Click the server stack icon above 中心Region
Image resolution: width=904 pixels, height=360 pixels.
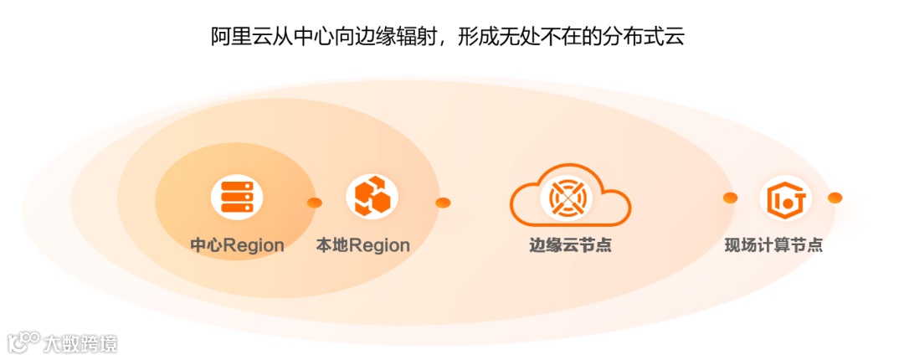pos(236,198)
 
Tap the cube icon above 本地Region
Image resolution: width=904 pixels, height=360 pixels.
pos(372,197)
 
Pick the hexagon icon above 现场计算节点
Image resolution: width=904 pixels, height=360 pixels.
pos(786,198)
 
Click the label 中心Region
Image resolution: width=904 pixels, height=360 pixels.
pos(237,246)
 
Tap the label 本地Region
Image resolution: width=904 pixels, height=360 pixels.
pos(362,246)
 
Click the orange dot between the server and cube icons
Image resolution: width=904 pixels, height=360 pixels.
pos(315,203)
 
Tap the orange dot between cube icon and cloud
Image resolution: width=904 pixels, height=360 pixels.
pos(443,203)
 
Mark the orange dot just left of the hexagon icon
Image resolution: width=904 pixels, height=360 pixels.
pos(730,198)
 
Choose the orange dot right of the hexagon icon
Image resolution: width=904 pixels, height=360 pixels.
pos(835,198)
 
